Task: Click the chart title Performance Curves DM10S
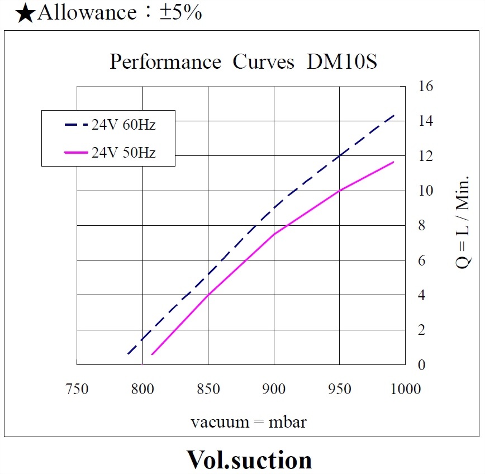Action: pyautogui.click(x=243, y=62)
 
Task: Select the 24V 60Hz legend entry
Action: pyautogui.click(x=123, y=125)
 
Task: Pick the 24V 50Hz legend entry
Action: pyautogui.click(x=123, y=152)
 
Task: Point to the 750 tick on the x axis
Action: pyautogui.click(x=77, y=388)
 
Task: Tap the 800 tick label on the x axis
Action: pyautogui.click(x=142, y=388)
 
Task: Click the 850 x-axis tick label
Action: pyautogui.click(x=208, y=388)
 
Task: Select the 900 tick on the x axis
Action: pyautogui.click(x=274, y=388)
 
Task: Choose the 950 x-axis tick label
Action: pyautogui.click(x=339, y=388)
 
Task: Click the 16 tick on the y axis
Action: pyautogui.click(x=425, y=86)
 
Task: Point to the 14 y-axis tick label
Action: pyautogui.click(x=425, y=121)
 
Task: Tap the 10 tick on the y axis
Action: pyautogui.click(x=425, y=191)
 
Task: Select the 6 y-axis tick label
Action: pyautogui.click(x=422, y=260)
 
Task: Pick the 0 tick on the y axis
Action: pyautogui.click(x=422, y=365)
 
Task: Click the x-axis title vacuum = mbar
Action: pyautogui.click(x=248, y=421)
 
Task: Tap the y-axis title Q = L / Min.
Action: pyautogui.click(x=463, y=224)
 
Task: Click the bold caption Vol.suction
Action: pyautogui.click(x=249, y=459)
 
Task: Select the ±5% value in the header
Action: pyautogui.click(x=180, y=12)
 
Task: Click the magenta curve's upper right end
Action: pyautogui.click(x=394, y=162)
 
